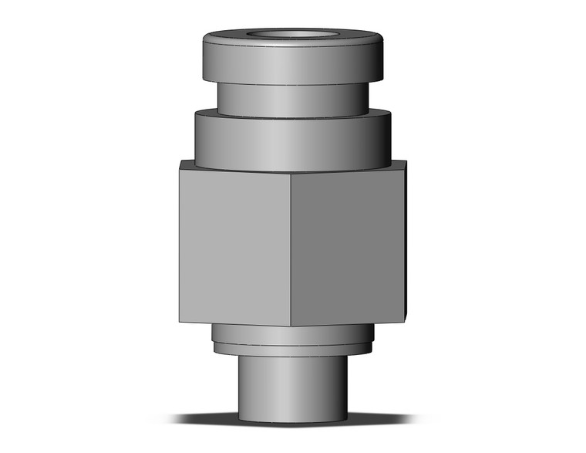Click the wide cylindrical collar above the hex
click(x=293, y=143)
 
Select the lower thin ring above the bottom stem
click(x=293, y=349)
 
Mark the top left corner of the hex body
click(x=180, y=161)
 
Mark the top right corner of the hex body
click(x=406, y=161)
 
